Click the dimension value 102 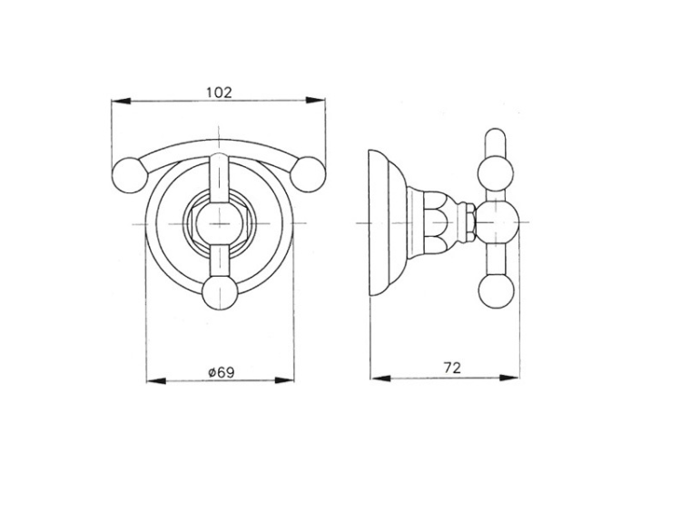tap(219, 93)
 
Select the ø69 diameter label tap(221, 372)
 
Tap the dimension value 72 tap(452, 369)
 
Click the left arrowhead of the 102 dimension tap(121, 101)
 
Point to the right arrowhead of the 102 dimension tap(315, 100)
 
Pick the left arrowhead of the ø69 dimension tap(156, 380)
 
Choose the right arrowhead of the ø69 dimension tap(285, 380)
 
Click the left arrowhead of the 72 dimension tap(380, 378)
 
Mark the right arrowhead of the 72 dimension tap(509, 378)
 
